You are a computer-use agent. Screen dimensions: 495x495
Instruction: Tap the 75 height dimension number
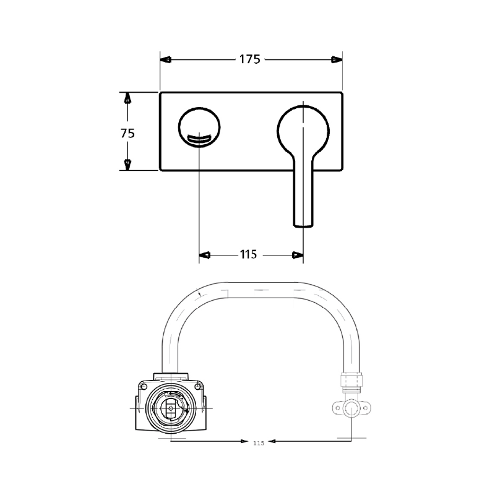pos(127,132)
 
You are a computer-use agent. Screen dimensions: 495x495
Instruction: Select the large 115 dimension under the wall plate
pos(248,254)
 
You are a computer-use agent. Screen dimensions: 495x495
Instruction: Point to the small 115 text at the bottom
pos(259,443)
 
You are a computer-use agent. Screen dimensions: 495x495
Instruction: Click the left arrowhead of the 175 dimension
pos(166,60)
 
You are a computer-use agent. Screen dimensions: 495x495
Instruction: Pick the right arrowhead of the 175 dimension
pos(337,60)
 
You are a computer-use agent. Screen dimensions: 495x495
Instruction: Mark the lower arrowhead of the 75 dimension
pos(127,165)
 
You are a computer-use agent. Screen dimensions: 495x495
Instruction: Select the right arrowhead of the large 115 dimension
pos(298,254)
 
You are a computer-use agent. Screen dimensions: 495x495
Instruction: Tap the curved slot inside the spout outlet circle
pos(199,140)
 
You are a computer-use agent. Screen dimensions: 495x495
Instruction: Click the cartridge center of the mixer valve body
pos(171,409)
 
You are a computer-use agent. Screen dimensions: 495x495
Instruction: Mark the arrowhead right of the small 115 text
pos(276,441)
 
